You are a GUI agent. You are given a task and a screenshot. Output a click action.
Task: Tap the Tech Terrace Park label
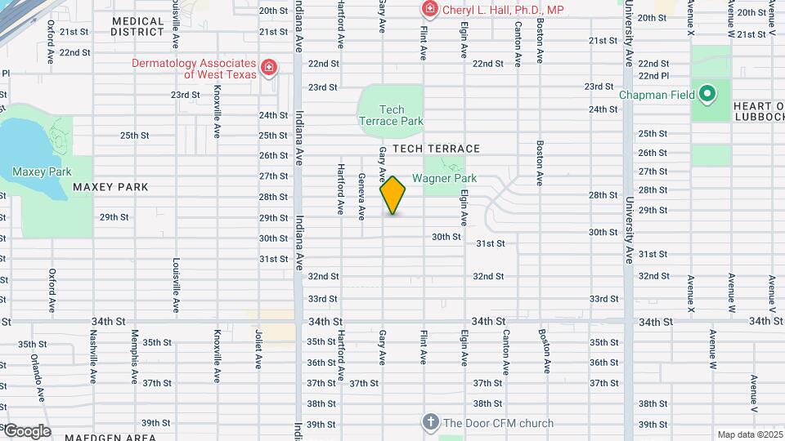click(x=391, y=115)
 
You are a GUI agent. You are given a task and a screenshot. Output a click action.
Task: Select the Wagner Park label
click(x=444, y=178)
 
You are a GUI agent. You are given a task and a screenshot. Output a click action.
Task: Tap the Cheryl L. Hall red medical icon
click(x=428, y=10)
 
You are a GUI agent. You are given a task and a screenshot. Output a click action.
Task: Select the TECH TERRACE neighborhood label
click(x=436, y=149)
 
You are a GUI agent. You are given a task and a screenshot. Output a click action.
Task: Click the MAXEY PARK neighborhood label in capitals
click(x=110, y=187)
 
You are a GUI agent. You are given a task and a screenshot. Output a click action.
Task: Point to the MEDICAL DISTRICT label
click(x=138, y=26)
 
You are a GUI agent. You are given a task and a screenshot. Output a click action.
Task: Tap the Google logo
click(x=27, y=431)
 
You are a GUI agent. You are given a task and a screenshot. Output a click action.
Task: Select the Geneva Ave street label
click(x=361, y=196)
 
